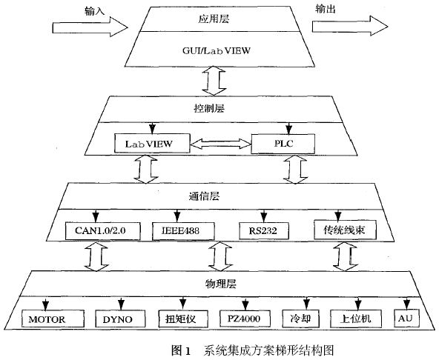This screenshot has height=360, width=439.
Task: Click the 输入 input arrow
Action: [x=90, y=27]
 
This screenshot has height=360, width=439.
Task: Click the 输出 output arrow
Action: [x=350, y=26]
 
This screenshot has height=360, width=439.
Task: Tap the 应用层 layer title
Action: [x=214, y=19]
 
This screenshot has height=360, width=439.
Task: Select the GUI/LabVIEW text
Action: [x=216, y=50]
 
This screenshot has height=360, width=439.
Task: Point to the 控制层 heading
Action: [x=209, y=108]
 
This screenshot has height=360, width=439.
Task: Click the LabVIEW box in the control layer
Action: [x=152, y=143]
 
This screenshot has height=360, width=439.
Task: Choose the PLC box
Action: [x=283, y=144]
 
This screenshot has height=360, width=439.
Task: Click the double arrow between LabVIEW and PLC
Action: [x=221, y=144]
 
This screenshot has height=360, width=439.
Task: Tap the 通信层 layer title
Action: [x=204, y=196]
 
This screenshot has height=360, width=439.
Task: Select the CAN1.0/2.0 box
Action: [x=103, y=231]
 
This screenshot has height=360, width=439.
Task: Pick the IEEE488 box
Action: [x=183, y=231]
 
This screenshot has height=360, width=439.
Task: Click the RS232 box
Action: [x=264, y=231]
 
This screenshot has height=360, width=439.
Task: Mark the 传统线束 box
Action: [x=345, y=230]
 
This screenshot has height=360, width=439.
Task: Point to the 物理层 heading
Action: [x=221, y=284]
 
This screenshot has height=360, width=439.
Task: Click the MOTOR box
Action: [x=53, y=319]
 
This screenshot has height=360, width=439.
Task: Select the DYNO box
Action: [x=120, y=319]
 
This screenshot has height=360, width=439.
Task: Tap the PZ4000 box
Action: [x=245, y=319]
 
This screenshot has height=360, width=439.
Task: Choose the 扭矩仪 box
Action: [x=183, y=319]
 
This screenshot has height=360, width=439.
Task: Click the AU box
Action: [x=406, y=318]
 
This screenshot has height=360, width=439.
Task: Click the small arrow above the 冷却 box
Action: [x=306, y=304]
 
